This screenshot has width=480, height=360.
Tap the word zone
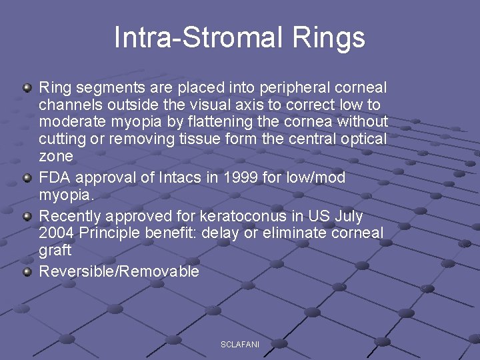(x=56, y=157)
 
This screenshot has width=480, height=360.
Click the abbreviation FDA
(x=55, y=178)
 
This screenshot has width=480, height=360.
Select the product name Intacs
(x=176, y=178)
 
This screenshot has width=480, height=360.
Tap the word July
(x=346, y=217)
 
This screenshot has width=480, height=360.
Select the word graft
(x=55, y=251)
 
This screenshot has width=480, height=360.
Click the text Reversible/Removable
(x=119, y=271)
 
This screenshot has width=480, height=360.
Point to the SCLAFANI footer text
(x=240, y=344)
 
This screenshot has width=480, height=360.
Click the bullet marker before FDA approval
(x=27, y=178)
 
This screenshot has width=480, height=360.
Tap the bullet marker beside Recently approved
(x=27, y=217)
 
